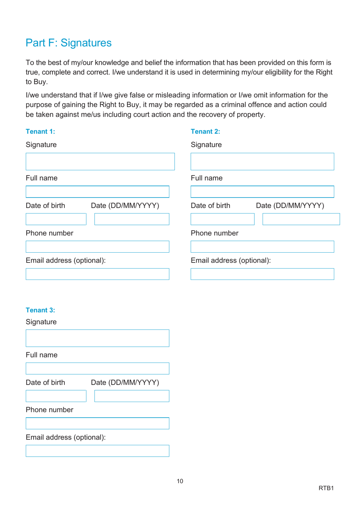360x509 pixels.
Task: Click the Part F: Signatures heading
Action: tap(69, 43)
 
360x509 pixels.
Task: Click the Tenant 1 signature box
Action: tap(100, 162)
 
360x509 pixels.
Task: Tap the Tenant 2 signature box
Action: tap(262, 162)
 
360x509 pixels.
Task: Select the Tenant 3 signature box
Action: tap(97, 338)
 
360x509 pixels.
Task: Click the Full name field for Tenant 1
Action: tap(97, 192)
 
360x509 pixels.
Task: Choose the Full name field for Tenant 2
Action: tap(262, 192)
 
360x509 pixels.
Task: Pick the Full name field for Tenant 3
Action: tap(97, 369)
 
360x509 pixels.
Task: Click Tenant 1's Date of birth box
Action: tap(56, 219)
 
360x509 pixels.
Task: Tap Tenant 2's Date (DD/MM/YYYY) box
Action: tap(301, 219)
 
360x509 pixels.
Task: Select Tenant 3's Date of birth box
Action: tap(56, 396)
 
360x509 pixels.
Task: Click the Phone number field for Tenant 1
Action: tap(97, 247)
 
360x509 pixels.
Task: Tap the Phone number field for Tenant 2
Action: tap(262, 247)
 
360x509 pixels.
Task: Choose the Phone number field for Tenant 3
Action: tap(97, 424)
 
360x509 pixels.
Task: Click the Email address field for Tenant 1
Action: tap(97, 274)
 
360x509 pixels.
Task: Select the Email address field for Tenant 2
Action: tap(262, 274)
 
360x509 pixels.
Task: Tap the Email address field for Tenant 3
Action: tap(97, 451)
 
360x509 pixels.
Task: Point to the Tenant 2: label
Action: tap(205, 132)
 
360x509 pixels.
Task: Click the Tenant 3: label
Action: tap(40, 310)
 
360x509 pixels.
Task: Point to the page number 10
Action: tap(180, 481)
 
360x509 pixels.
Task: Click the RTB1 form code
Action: tap(326, 488)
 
